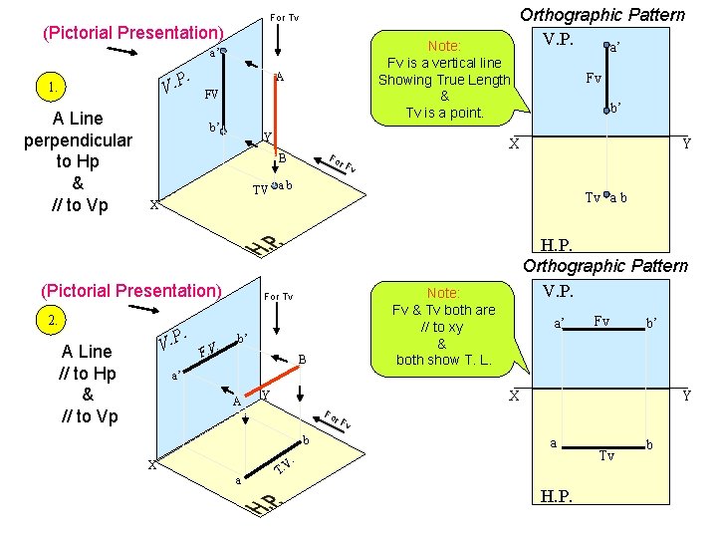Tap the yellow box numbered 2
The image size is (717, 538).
click(x=52, y=321)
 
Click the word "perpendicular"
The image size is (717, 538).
click(x=78, y=140)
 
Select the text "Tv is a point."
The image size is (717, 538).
click(x=443, y=113)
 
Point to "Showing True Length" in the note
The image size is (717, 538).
click(x=444, y=80)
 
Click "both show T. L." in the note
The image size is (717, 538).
click(x=443, y=360)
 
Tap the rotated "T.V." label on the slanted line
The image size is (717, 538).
click(x=283, y=464)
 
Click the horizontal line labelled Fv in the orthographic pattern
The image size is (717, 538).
click(x=602, y=336)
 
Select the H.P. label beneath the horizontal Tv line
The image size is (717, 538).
click(x=556, y=495)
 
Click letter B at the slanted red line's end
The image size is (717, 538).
click(x=303, y=359)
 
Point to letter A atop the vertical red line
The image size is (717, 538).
click(x=281, y=76)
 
